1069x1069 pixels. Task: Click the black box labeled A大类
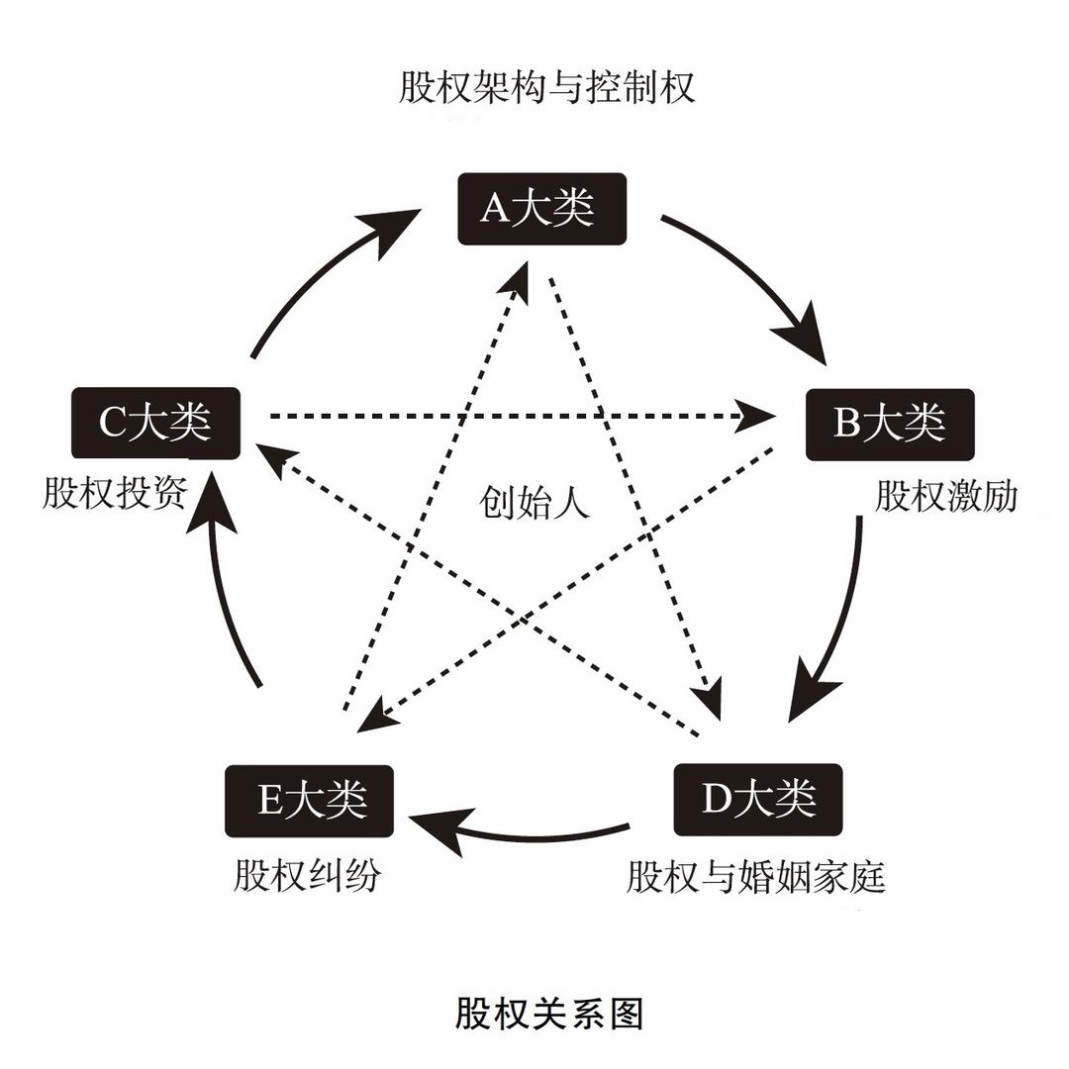(543, 208)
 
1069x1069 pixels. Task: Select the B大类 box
(890, 425)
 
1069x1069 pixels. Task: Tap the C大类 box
(156, 424)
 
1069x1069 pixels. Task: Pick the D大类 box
(757, 799)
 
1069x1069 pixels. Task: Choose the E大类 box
(310, 801)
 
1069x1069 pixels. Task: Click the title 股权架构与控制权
(547, 87)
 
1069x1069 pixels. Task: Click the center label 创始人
(534, 502)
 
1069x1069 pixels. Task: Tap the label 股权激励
(945, 496)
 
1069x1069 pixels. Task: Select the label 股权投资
(114, 493)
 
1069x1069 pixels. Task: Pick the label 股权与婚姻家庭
(755, 876)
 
